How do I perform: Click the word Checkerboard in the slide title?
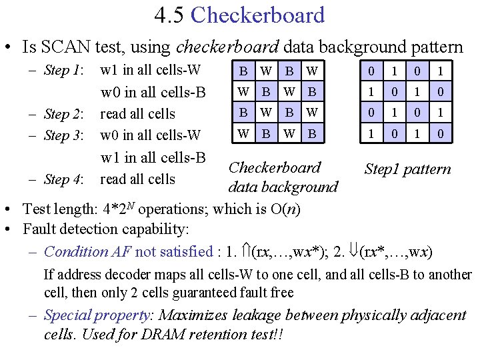[x=257, y=15]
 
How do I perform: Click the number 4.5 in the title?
[x=168, y=15]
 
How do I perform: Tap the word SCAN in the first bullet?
[x=60, y=47]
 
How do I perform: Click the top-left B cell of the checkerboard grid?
[x=245, y=70]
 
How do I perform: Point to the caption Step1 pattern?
[x=407, y=169]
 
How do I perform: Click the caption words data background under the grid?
[x=283, y=187]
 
